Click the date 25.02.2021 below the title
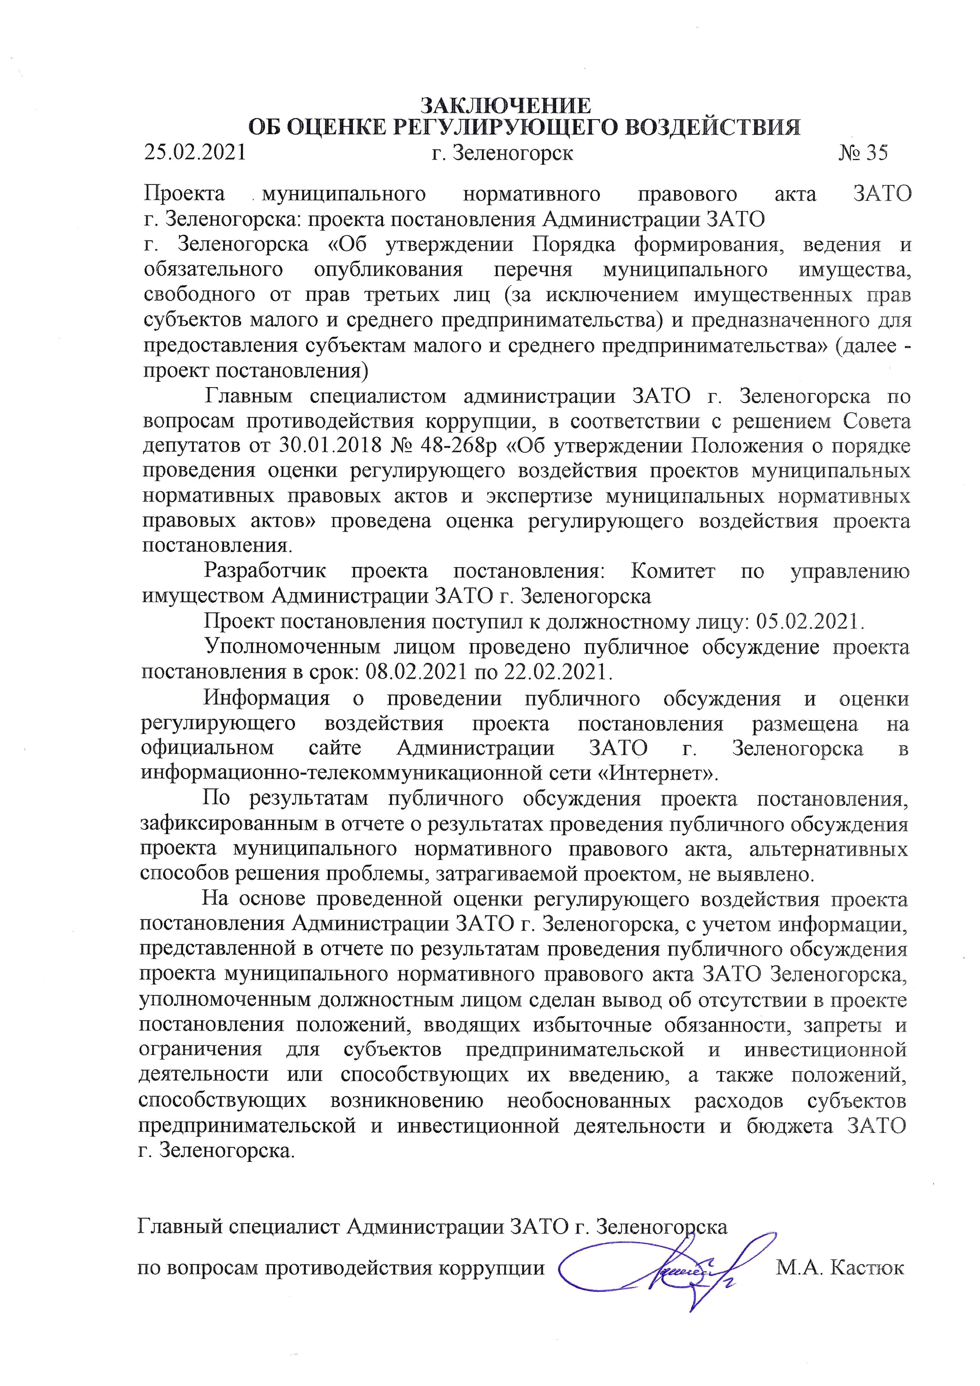click(x=195, y=153)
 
